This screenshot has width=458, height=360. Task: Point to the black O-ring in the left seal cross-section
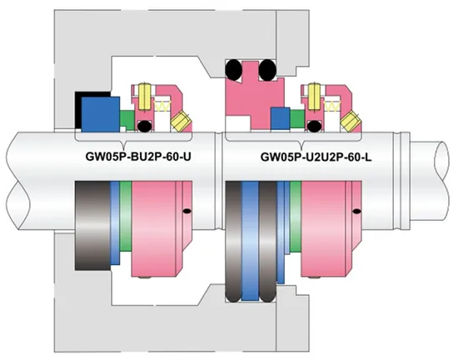point(145,126)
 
